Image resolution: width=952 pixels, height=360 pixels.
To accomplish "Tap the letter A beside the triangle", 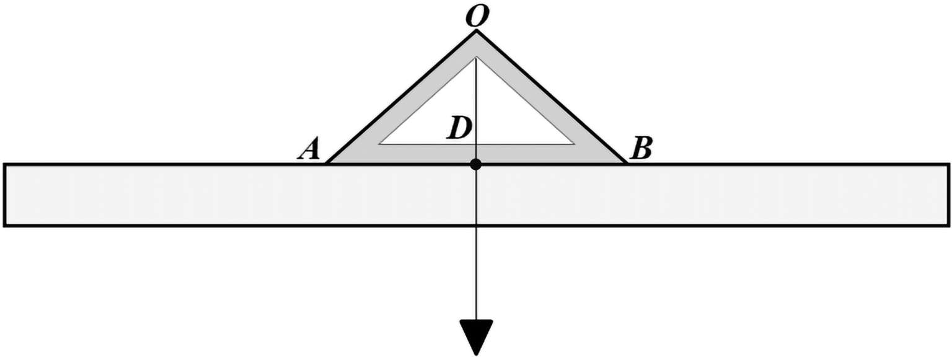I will (x=308, y=149).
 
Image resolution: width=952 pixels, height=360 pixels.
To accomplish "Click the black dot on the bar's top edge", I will (x=475, y=164).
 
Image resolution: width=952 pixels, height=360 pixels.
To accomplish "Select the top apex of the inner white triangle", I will (x=475, y=58).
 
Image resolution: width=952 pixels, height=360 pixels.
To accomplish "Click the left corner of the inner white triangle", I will (x=379, y=144).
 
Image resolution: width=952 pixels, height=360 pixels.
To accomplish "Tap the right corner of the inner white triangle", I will (x=575, y=144).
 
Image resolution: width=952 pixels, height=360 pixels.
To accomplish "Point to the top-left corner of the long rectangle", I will (x=5, y=165).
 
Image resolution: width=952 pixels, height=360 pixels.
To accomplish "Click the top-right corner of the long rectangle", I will (x=948, y=165).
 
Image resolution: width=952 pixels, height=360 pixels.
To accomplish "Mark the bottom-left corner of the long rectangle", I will (x=5, y=226).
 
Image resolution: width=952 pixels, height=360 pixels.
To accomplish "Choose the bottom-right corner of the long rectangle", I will (x=948, y=226).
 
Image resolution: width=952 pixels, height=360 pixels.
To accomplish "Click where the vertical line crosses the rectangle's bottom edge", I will (x=475, y=226).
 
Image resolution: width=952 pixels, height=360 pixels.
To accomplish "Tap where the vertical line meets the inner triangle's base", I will (x=475, y=144).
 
